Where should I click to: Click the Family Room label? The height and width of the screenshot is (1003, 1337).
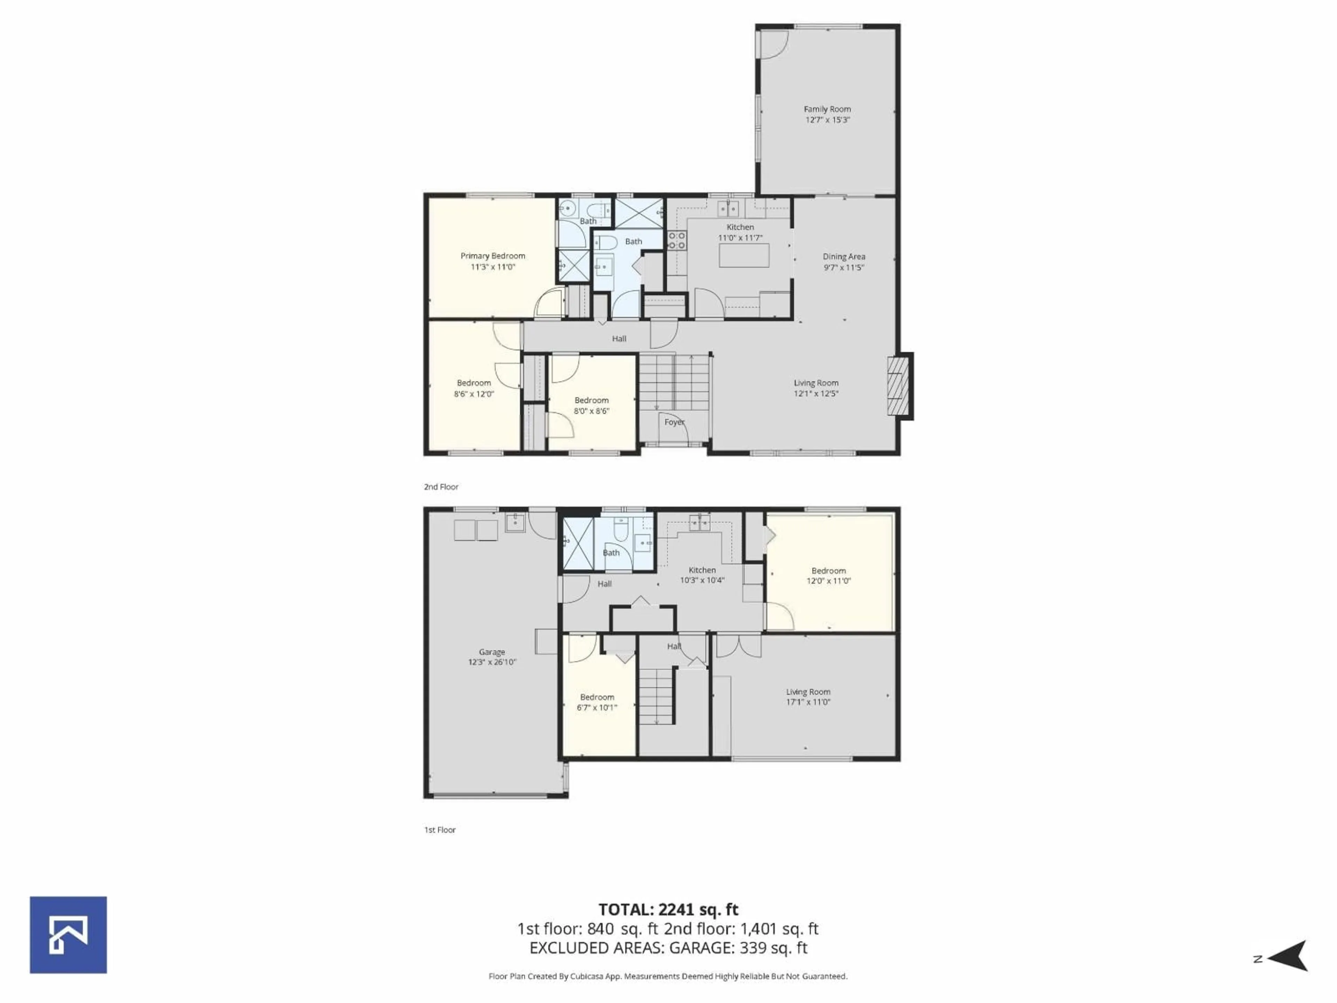(827, 109)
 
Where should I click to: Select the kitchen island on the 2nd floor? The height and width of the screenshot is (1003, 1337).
(744, 255)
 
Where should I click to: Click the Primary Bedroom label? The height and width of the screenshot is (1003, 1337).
(493, 256)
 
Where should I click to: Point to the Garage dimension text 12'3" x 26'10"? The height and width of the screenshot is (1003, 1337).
(492, 662)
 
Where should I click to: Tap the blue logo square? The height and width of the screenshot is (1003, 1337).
(68, 935)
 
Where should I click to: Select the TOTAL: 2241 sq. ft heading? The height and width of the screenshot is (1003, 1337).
(668, 909)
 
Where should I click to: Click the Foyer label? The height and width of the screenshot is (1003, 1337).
(674, 422)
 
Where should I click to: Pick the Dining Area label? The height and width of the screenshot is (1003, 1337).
(844, 256)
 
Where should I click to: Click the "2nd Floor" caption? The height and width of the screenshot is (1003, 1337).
(441, 487)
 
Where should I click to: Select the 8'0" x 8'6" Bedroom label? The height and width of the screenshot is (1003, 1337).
(591, 400)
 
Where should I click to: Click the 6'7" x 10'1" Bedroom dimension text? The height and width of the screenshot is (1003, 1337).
(596, 707)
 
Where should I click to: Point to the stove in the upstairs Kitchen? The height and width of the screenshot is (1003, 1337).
(677, 240)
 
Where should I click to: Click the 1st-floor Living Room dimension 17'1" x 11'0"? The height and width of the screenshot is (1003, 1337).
(808, 702)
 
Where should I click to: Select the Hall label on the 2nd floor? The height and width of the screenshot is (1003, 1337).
(619, 339)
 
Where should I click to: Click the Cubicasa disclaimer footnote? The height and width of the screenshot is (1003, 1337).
(668, 977)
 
